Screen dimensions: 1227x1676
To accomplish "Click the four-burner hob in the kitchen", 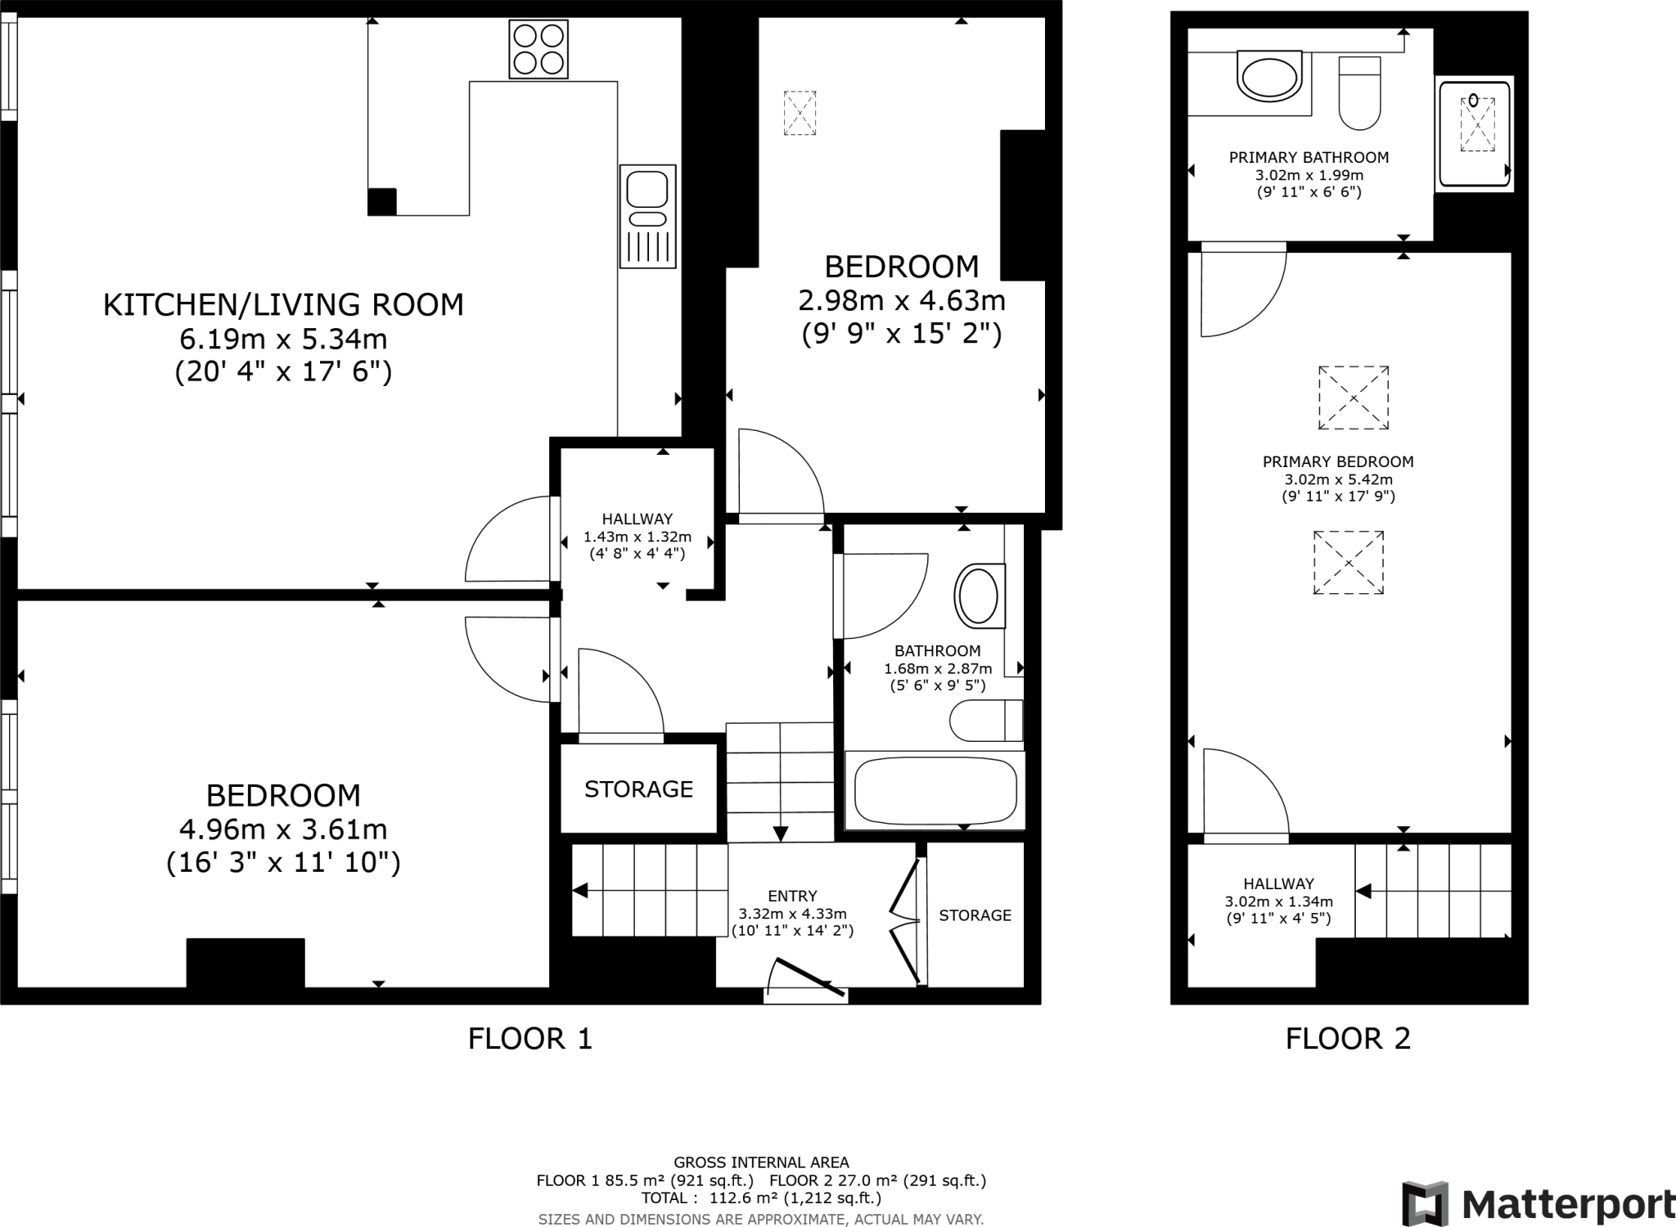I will (538, 49).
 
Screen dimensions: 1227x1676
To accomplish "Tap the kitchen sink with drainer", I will (647, 216).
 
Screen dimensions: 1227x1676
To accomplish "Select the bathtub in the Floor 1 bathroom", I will (935, 791).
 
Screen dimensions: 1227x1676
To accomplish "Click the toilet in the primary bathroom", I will (1359, 93).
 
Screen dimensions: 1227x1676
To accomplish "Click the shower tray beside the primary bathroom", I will (1475, 133).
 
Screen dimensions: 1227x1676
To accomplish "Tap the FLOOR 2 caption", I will (1348, 1039).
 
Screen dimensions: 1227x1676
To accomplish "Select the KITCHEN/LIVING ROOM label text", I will (283, 304).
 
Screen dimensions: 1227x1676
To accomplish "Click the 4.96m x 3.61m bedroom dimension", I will (283, 829).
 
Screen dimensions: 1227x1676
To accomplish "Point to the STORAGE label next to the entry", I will (975, 915).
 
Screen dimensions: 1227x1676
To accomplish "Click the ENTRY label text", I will (792, 896).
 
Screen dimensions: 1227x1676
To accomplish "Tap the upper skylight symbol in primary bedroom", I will (1354, 398).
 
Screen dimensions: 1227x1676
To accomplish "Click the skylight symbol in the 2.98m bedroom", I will (800, 113).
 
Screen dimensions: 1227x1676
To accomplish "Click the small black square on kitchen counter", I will (382, 201).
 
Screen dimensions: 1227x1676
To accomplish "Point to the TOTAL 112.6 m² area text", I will (761, 1198).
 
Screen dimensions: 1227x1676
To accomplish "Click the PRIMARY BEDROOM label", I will (1338, 461).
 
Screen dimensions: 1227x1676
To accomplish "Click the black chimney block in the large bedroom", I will (246, 963).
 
